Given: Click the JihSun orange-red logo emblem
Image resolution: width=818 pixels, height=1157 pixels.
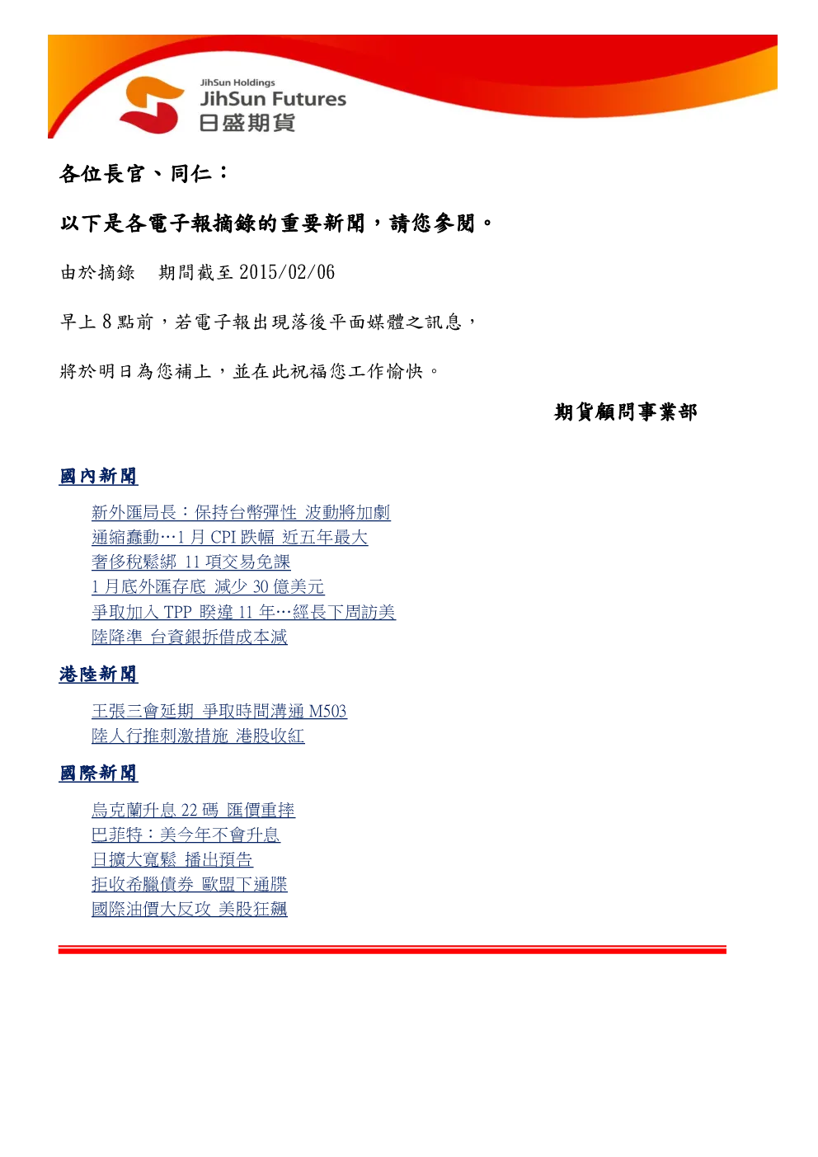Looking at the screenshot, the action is click(x=151, y=105).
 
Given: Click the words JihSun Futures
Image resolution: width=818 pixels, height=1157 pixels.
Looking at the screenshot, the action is click(x=273, y=99).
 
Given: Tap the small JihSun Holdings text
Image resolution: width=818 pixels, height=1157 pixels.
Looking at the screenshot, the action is click(x=237, y=82).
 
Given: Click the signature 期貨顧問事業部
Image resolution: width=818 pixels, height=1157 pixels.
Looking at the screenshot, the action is click(x=625, y=412).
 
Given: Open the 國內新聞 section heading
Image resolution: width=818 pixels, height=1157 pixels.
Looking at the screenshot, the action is click(x=98, y=476).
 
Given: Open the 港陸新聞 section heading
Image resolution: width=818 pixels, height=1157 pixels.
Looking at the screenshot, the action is click(x=98, y=674).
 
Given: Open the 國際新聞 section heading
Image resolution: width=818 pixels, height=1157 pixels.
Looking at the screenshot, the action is click(x=98, y=774).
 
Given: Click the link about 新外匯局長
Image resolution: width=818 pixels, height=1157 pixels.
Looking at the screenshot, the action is click(x=241, y=512).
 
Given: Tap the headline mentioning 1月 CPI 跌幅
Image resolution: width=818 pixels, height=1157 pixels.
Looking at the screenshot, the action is click(x=230, y=537).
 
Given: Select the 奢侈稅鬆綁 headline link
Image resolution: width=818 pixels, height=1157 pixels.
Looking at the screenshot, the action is click(x=191, y=562).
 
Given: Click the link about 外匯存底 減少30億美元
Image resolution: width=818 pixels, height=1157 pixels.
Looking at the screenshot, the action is click(x=208, y=587).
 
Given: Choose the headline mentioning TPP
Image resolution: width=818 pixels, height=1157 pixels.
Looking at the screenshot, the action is click(x=244, y=612).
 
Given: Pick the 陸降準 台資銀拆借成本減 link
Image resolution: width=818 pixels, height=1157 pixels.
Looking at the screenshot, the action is click(x=190, y=637).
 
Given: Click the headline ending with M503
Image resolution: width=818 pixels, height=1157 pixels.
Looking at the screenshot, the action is click(x=219, y=711).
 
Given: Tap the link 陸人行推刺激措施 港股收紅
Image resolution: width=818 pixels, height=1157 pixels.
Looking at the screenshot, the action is click(x=198, y=736).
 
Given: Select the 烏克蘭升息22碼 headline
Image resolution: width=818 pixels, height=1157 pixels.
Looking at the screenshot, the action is click(x=193, y=810).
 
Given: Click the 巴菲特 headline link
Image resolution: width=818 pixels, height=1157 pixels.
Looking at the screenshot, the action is click(x=186, y=835).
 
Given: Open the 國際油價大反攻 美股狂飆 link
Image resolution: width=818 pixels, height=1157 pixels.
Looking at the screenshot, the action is click(x=190, y=909).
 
